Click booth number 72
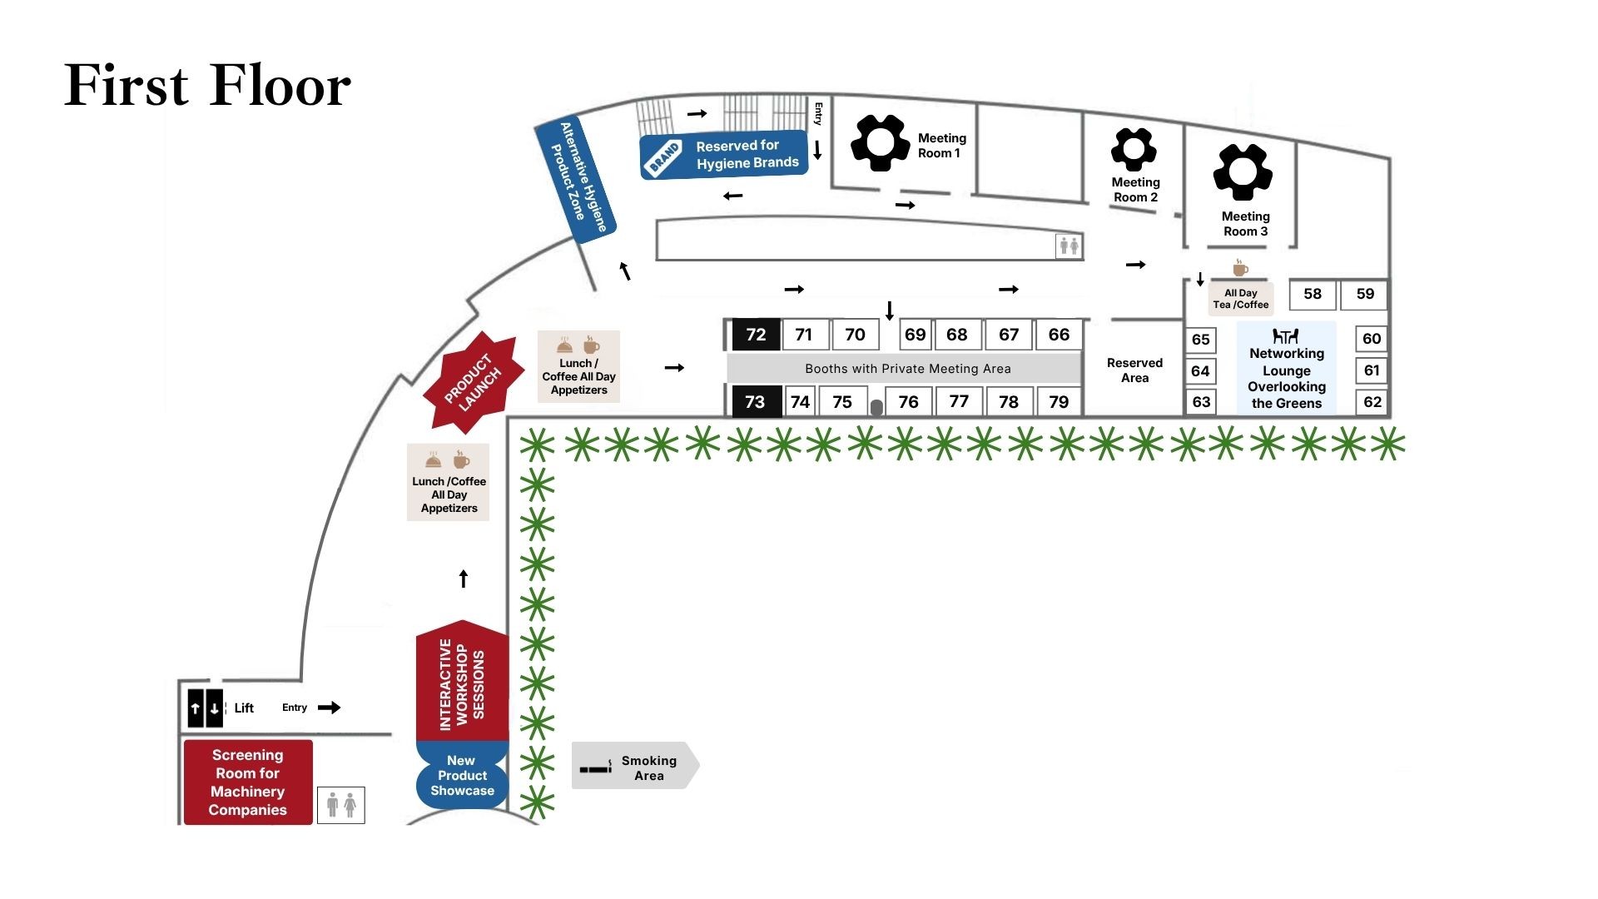click(756, 335)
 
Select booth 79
click(1058, 402)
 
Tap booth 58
click(1312, 294)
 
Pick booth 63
click(1200, 402)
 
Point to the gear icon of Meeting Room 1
click(880, 142)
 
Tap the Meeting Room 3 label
click(1245, 224)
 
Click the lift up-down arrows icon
click(205, 708)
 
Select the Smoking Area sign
click(635, 766)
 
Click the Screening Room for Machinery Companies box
click(248, 782)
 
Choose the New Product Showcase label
click(462, 776)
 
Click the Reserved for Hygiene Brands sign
click(724, 155)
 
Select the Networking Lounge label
click(1286, 370)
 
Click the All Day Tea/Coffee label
click(1240, 299)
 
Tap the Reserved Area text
click(1134, 370)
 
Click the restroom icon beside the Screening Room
click(341, 805)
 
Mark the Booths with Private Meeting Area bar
click(907, 369)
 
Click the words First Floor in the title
click(208, 86)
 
